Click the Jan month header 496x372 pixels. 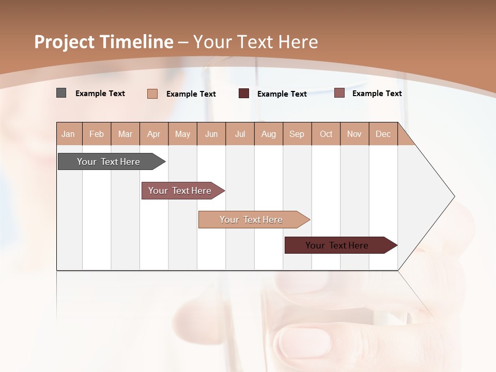tap(69, 134)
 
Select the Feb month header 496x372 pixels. tap(97, 134)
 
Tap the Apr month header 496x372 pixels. tap(154, 134)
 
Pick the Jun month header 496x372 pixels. tap(211, 134)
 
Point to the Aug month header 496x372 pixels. tap(269, 134)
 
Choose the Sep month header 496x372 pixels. tap(297, 134)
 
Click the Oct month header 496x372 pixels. tap(326, 134)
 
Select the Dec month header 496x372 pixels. tap(383, 134)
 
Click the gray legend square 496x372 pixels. tap(61, 93)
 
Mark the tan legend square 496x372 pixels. tap(152, 94)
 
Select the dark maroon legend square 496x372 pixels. tap(244, 94)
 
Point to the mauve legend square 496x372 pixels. tap(339, 93)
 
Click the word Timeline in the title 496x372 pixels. tap(137, 42)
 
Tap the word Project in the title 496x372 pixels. tap(64, 42)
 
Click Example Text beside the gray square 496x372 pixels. tap(100, 94)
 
